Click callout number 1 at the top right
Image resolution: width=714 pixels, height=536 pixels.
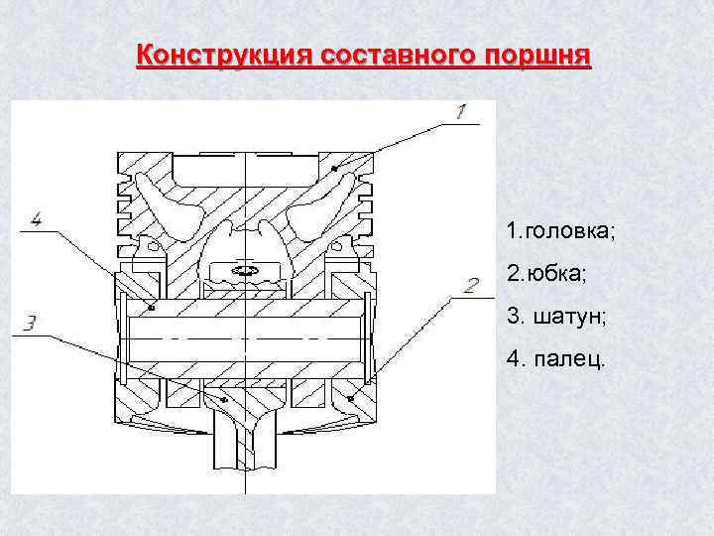pos(462,113)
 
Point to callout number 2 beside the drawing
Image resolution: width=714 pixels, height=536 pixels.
pos(471,287)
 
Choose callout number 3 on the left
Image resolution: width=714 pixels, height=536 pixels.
pos(31,323)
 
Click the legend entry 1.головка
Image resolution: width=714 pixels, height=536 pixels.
pos(560,231)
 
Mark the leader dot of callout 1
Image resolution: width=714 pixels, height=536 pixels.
pos(335,170)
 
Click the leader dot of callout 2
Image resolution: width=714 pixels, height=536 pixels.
pos(354,397)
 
